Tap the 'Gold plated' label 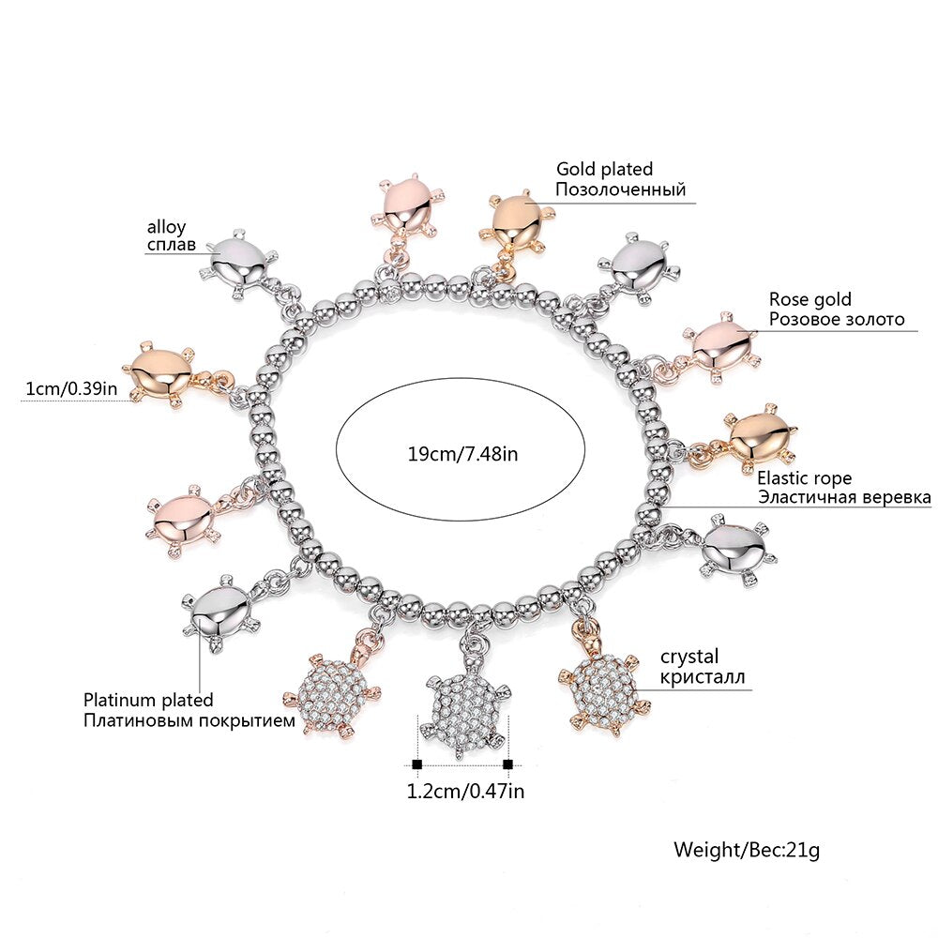coord(604,170)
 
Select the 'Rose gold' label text coord(810,299)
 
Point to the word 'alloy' coord(166,227)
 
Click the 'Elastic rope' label coord(805,477)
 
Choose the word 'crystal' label coord(689,657)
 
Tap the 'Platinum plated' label coord(148,700)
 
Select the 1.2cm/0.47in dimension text coord(464,791)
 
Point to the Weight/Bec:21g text coord(747,851)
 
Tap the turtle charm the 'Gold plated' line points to coord(512,221)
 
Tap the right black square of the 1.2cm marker coord(507,764)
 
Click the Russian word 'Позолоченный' coord(620,189)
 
